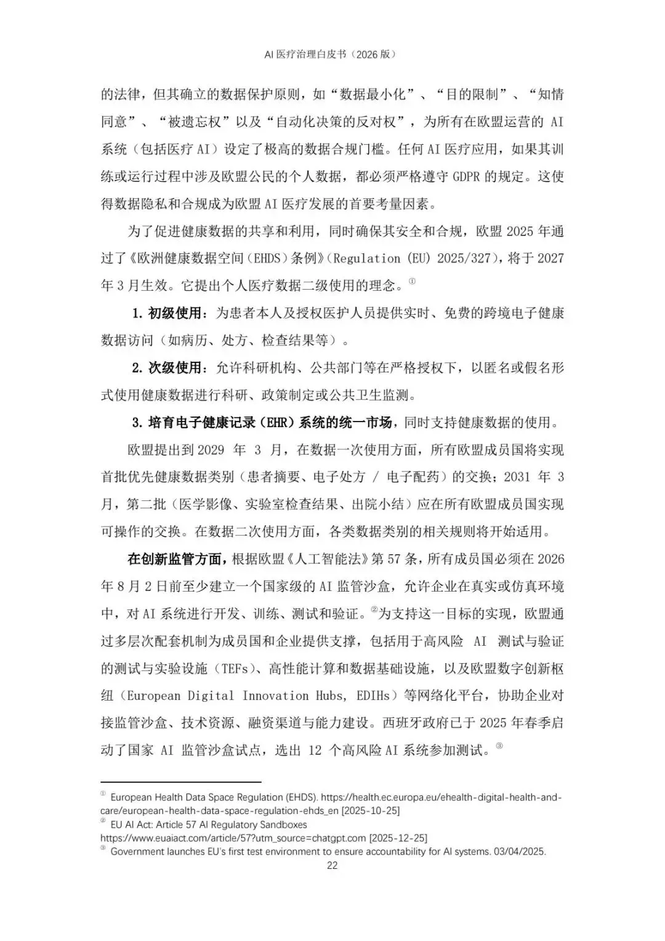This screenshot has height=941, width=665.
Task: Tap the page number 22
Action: tap(332, 865)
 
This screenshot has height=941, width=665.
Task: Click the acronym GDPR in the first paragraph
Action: tap(473, 176)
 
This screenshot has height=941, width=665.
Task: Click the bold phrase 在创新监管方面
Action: tap(174, 559)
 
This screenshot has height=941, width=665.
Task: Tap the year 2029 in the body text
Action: tap(211, 450)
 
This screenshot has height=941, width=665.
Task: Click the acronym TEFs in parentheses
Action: tap(236, 669)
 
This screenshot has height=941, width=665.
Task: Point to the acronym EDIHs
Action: tap(373, 696)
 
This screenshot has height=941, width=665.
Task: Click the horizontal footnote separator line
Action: tap(181, 781)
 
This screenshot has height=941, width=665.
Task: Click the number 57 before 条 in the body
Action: tap(394, 559)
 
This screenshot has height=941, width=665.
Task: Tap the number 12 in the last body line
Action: tap(315, 751)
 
